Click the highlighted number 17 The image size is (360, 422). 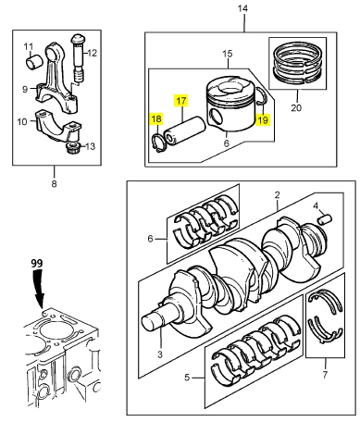[x=181, y=101]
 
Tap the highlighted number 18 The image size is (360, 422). [x=156, y=118]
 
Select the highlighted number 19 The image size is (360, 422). [x=263, y=119]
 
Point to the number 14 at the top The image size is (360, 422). [x=242, y=8]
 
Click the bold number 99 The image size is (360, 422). [x=37, y=263]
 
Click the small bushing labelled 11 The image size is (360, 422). [x=33, y=62]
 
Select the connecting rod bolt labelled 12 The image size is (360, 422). [x=78, y=59]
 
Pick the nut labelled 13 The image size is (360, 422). [x=73, y=148]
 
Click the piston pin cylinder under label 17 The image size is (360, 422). [x=185, y=130]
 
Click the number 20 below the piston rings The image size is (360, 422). [x=296, y=107]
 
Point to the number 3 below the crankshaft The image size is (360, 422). [x=160, y=354]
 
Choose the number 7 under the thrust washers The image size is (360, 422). [x=325, y=375]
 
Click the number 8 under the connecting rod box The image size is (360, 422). [x=54, y=184]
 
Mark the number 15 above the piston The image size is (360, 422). [x=228, y=54]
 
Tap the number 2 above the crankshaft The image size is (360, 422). [x=277, y=195]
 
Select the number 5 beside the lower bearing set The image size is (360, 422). [x=187, y=378]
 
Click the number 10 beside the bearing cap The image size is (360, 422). [x=22, y=121]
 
